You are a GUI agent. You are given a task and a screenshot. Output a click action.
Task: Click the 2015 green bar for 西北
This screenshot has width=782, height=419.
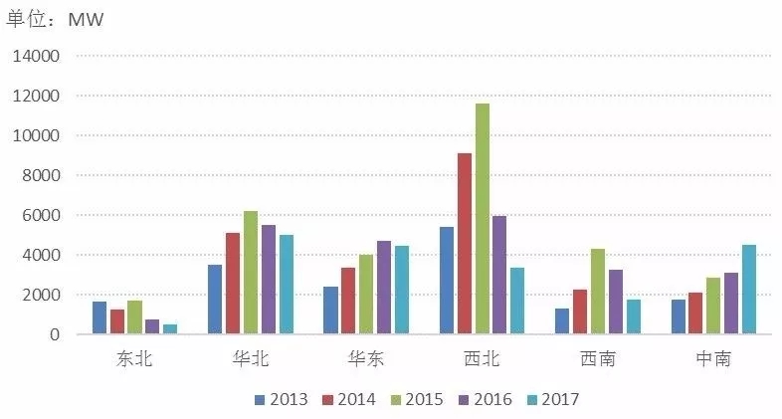coord(483,219)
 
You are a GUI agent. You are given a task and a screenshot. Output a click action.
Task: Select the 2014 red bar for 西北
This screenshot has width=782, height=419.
coord(465,244)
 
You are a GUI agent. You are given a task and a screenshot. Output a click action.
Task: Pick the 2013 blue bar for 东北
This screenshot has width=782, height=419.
coord(99,317)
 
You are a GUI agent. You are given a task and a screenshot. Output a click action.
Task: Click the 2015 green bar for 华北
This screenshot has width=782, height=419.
coord(251,272)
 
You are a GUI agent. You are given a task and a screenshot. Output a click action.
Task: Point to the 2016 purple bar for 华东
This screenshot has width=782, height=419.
coord(384,287)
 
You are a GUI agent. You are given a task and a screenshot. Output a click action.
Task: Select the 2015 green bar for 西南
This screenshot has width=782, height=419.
coord(598,291)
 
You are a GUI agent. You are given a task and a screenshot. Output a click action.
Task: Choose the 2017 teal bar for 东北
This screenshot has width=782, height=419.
coord(170,328)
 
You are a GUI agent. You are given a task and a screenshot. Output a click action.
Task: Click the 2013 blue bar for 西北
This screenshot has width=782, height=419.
coord(447,280)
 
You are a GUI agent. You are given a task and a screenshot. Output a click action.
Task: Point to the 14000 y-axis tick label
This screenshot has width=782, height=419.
coord(37,57)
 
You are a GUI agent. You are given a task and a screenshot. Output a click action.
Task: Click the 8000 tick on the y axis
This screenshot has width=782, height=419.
coord(41,176)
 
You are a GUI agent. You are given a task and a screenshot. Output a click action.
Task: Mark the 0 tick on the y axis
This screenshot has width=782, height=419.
coord(56,335)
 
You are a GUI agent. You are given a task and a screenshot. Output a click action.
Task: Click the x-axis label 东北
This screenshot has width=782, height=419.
coord(134,359)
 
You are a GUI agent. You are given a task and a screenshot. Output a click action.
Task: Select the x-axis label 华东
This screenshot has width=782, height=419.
coord(365,359)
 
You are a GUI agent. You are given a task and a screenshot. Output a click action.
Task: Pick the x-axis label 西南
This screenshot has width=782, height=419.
coord(596,359)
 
